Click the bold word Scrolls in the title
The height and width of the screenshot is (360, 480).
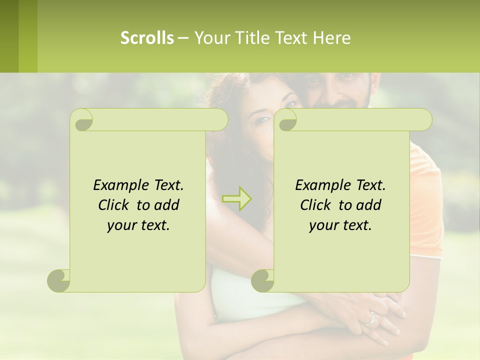(x=147, y=38)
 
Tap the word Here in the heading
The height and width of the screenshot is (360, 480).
(x=331, y=38)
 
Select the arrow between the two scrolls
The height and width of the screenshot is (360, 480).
(x=237, y=198)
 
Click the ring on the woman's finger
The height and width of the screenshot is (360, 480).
(x=371, y=318)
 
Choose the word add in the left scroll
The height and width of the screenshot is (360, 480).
(x=167, y=205)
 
